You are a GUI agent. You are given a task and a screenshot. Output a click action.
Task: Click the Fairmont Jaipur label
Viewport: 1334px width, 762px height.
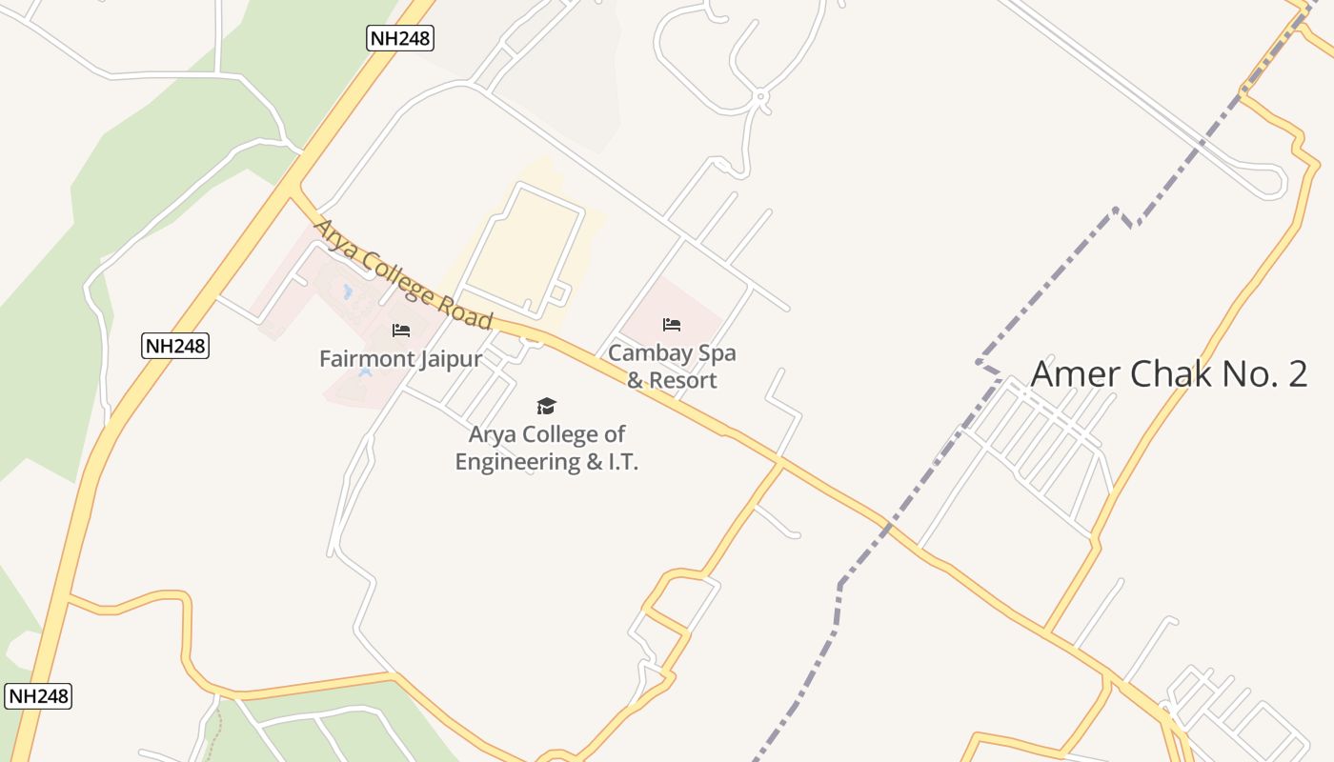tap(400, 359)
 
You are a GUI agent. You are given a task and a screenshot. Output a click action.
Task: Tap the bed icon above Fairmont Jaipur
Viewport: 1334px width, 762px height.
tap(401, 331)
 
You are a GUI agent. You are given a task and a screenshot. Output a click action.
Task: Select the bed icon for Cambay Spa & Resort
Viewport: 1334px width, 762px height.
tap(672, 325)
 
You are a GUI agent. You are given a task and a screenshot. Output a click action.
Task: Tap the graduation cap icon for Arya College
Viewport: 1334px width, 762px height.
tap(546, 407)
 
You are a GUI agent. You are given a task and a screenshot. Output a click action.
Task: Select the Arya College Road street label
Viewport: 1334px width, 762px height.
tap(403, 274)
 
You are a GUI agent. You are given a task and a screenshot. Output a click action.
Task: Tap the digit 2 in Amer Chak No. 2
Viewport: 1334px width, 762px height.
tap(1297, 373)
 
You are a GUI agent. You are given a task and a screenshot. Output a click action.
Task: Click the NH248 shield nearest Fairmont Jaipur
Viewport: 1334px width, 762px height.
tap(175, 346)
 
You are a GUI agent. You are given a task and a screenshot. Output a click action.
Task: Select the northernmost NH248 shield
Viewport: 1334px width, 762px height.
tap(400, 38)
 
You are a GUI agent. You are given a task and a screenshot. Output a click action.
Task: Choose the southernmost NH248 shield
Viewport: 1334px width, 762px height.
tap(38, 695)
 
